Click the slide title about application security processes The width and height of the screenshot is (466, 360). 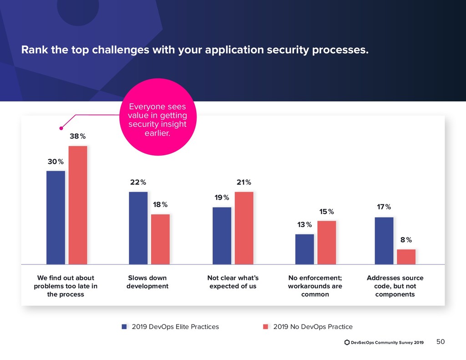tap(195, 50)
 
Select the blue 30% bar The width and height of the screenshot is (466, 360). tap(56, 217)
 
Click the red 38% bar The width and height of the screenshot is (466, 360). tap(78, 205)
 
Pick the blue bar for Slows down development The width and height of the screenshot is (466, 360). tap(138, 228)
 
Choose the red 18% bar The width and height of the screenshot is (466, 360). tap(160, 239)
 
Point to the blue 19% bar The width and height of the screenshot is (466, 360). tap(222, 235)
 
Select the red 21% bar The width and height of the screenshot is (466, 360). tap(244, 228)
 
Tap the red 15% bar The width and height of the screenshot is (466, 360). tap(327, 242)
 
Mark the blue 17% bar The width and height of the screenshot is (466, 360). tap(384, 240)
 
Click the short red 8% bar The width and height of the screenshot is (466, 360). tap(406, 257)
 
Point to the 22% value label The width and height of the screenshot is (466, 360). tap(138, 183)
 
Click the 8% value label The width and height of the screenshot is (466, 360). tap(406, 240)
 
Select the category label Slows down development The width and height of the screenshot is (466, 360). tap(147, 282)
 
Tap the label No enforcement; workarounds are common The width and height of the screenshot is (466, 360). tap(315, 286)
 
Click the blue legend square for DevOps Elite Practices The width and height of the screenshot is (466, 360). tap(124, 327)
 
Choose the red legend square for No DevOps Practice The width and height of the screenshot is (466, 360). tap(266, 327)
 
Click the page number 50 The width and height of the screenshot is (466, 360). tap(441, 342)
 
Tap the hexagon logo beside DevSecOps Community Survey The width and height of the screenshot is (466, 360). tap(347, 342)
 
